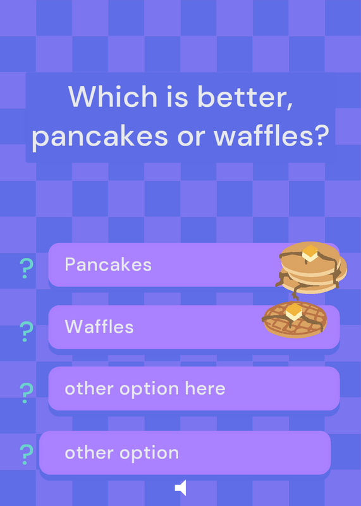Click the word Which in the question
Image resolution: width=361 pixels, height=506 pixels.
click(x=113, y=96)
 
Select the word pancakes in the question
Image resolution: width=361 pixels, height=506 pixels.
click(x=100, y=137)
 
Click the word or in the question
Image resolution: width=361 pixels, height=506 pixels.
click(x=191, y=137)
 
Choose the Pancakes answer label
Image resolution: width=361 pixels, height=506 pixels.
click(x=108, y=264)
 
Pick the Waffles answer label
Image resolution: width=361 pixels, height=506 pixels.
click(x=99, y=326)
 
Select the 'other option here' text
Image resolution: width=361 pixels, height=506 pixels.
click(x=145, y=389)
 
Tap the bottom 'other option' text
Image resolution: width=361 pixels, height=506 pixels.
click(x=121, y=454)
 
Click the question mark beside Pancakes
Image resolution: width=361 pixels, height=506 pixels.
click(x=27, y=268)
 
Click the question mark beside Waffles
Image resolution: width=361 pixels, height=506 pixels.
click(x=27, y=331)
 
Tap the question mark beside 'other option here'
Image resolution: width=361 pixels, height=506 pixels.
click(x=27, y=393)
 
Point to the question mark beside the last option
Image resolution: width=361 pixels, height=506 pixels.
click(x=27, y=454)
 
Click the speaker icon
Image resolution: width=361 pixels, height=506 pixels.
click(x=180, y=487)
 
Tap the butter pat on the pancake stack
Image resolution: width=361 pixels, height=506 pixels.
click(x=310, y=253)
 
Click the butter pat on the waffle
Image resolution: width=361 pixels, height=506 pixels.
click(x=294, y=312)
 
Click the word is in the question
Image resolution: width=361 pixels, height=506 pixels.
click(x=177, y=96)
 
